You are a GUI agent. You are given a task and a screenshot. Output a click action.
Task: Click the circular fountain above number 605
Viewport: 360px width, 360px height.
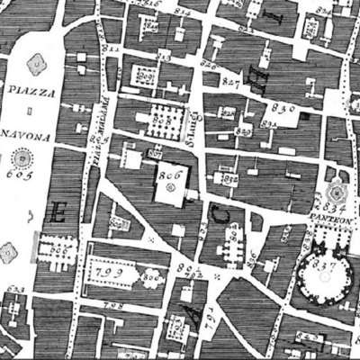coord(18,157)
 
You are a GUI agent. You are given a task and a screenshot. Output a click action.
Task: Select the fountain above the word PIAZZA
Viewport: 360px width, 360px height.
coord(37,63)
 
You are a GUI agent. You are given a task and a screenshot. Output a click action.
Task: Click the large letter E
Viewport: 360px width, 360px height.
coord(59,212)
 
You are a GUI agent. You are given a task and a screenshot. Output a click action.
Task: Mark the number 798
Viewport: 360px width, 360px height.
coord(112,305)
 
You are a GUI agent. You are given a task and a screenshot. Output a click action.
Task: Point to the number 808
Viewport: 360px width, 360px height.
coord(161,114)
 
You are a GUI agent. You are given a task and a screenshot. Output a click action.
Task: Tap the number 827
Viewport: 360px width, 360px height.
coord(231,82)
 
